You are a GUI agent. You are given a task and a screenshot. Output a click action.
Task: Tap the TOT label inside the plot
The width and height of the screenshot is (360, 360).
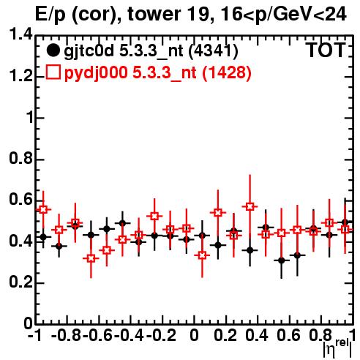pyautogui.click(x=326, y=50)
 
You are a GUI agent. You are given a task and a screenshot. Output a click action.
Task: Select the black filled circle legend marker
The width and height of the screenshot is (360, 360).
pyautogui.click(x=53, y=50)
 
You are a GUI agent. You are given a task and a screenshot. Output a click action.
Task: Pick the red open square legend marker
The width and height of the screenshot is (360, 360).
pyautogui.click(x=53, y=72)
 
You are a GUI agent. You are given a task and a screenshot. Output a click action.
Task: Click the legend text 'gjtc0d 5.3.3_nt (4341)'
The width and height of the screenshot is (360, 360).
pyautogui.click(x=151, y=52)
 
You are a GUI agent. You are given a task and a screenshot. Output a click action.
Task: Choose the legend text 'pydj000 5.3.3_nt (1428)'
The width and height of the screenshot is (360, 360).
pyautogui.click(x=157, y=73)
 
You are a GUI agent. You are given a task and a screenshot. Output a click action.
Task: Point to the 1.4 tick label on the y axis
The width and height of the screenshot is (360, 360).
pyautogui.click(x=20, y=35)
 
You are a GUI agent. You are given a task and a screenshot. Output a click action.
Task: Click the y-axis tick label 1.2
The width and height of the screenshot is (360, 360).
pyautogui.click(x=20, y=76)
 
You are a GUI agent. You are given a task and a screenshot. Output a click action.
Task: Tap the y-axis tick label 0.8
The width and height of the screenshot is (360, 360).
pyautogui.click(x=20, y=159)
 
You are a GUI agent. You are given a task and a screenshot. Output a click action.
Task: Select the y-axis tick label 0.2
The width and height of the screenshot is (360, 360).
pyautogui.click(x=20, y=282)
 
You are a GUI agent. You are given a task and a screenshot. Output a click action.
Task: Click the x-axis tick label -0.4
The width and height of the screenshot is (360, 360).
pyautogui.click(x=130, y=335)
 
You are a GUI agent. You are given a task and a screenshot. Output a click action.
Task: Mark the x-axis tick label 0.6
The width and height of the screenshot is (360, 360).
pyautogui.click(x=288, y=335)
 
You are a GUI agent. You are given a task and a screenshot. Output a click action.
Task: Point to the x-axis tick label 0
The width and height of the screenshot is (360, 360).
pyautogui.click(x=194, y=335)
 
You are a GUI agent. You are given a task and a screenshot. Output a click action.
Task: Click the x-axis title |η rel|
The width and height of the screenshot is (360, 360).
pyautogui.click(x=337, y=349)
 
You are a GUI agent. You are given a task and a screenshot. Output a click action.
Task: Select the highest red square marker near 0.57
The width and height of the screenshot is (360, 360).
pyautogui.click(x=250, y=206)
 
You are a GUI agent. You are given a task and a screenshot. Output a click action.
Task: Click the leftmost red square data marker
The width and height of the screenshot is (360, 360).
pyautogui.click(x=43, y=209)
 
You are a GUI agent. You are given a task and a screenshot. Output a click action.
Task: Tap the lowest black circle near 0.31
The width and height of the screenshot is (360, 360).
pyautogui.click(x=282, y=260)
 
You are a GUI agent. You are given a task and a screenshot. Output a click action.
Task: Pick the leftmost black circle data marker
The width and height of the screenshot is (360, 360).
pyautogui.click(x=43, y=236)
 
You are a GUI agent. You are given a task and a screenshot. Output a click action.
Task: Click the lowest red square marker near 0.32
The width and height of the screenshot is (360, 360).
pyautogui.click(x=91, y=258)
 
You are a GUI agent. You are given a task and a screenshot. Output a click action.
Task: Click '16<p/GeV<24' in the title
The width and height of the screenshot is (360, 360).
pyautogui.click(x=283, y=15)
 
